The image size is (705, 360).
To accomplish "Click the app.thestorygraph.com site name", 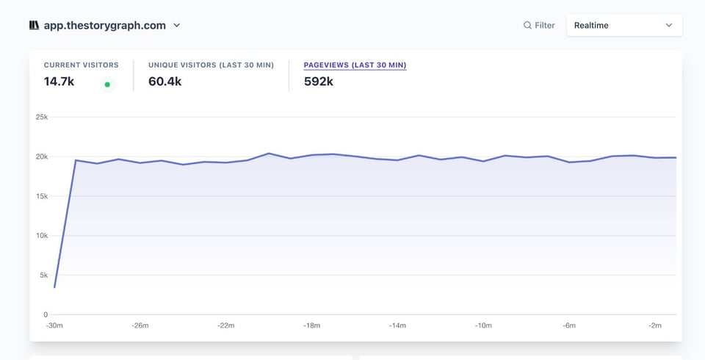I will point(104,25).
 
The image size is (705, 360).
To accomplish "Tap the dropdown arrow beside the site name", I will point(177,25).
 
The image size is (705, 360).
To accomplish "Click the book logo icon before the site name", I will point(35,25).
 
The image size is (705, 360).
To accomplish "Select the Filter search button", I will point(538,25).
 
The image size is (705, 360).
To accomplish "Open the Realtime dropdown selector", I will point(623,25).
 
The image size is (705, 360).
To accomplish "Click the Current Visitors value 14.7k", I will point(59,82).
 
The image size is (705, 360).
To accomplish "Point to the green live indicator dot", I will point(107,84).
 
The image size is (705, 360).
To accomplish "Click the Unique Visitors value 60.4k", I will point(164,82).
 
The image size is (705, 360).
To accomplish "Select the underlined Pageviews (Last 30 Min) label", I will point(355,65).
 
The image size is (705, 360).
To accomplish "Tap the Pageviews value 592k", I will point(318,82).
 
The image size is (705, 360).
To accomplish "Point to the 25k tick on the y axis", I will point(42,117).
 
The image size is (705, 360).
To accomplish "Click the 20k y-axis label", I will point(42,156).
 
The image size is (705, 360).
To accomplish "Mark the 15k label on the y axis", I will point(42,196).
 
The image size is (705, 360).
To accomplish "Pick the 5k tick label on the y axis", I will point(43,276).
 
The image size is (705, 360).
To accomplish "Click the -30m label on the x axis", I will point(54,325).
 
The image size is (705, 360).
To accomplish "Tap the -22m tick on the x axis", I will point(225,325).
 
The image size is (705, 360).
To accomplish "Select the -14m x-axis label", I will point(397,325).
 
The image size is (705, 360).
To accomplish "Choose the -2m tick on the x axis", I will point(654,325).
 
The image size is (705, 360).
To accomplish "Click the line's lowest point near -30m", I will point(55,287).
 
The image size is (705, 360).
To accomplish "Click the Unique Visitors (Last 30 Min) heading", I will point(211,65).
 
